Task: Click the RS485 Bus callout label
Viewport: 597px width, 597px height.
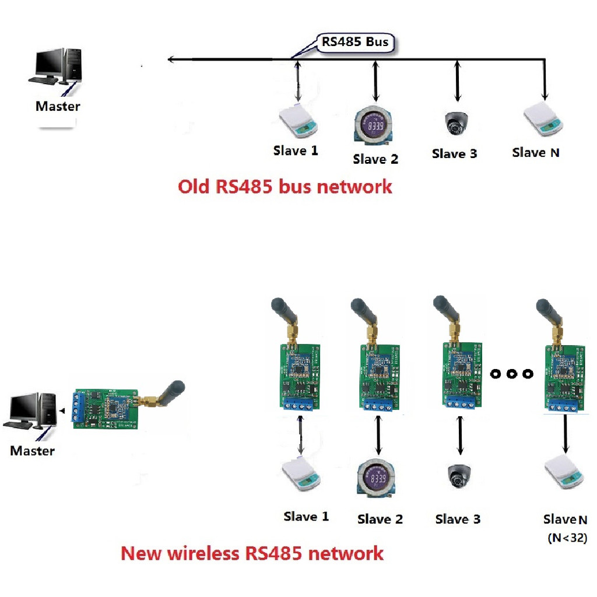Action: tap(354, 42)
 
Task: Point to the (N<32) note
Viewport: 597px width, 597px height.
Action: tap(567, 538)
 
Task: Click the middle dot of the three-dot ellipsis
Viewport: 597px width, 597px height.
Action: tap(511, 374)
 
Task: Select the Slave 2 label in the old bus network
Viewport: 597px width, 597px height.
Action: tap(375, 159)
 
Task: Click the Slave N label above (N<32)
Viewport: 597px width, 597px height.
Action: tap(565, 519)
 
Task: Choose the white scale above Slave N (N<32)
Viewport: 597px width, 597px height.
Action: tap(563, 473)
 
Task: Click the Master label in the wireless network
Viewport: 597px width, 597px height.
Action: tap(33, 451)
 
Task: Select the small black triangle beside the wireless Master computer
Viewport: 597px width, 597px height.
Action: tap(61, 413)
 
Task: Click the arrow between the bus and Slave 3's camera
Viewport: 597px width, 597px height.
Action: tap(456, 83)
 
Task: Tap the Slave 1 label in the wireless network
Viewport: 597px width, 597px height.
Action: tap(306, 517)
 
